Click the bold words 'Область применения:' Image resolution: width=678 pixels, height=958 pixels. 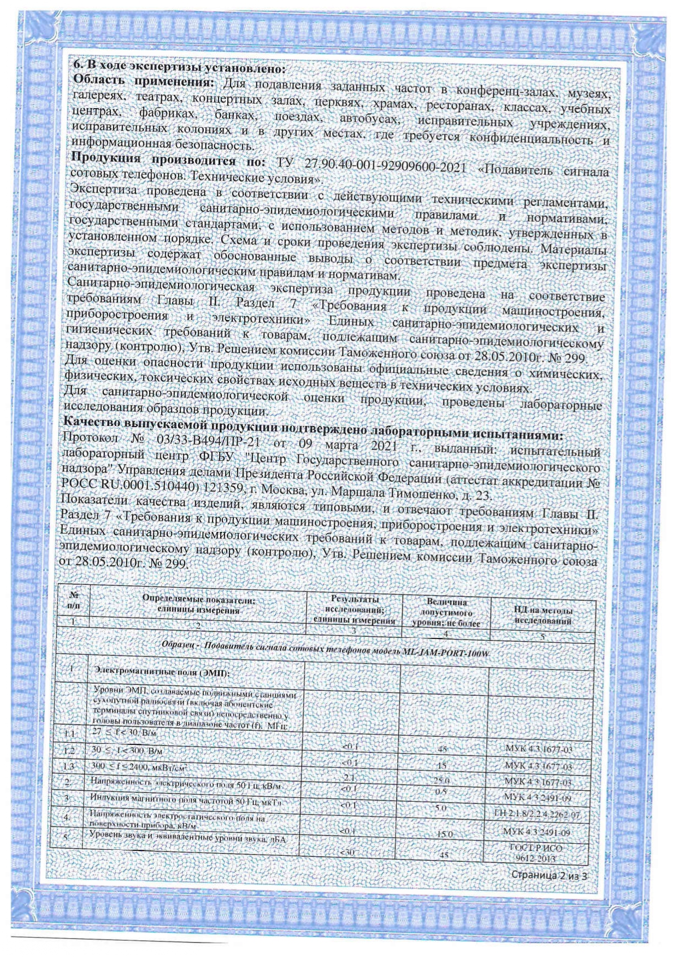[x=143, y=82]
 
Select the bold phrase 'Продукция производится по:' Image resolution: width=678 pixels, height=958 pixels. [x=167, y=161]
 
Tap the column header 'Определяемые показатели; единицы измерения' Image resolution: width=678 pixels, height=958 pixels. [x=198, y=605]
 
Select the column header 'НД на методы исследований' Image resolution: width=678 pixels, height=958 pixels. [x=543, y=616]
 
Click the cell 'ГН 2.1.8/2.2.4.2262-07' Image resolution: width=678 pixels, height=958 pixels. [x=536, y=815]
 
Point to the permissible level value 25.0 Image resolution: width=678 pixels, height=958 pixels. [x=441, y=782]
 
